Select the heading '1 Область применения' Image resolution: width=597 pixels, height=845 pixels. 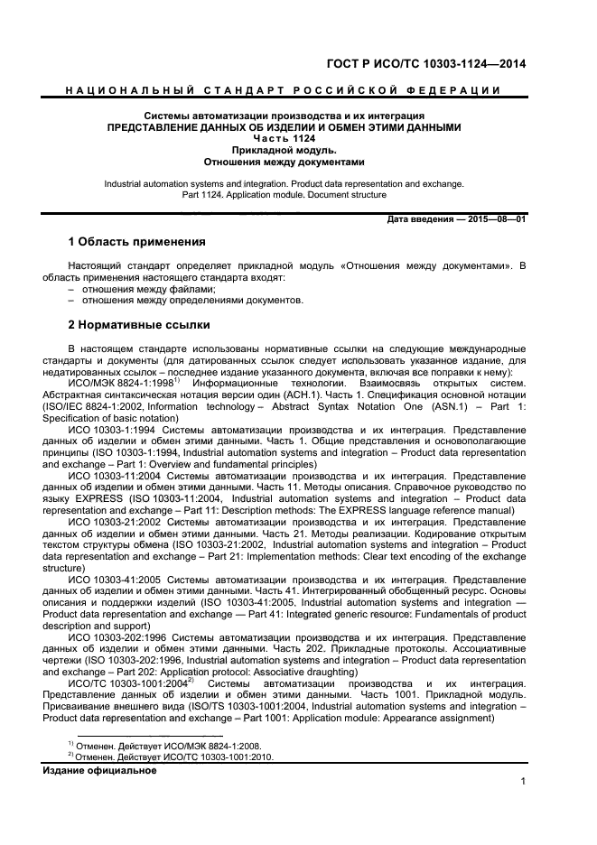click(x=137, y=242)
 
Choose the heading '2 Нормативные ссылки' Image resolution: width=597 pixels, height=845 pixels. click(x=139, y=324)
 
